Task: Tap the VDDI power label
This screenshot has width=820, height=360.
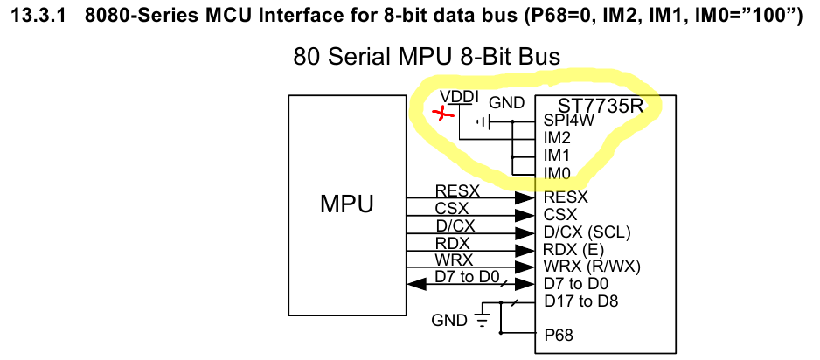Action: tap(459, 97)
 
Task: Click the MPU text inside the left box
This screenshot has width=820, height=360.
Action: tap(347, 204)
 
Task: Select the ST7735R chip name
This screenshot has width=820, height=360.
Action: tap(600, 106)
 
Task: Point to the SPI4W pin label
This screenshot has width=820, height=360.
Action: tap(569, 121)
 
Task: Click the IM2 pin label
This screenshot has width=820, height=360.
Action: tap(557, 138)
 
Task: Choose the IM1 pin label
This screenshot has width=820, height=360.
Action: tap(557, 156)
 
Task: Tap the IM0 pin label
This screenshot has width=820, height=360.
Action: tap(557, 172)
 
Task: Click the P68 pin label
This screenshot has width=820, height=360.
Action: tap(559, 335)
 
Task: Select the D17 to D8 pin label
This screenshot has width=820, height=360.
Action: tap(581, 301)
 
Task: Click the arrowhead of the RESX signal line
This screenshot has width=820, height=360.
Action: tap(525, 198)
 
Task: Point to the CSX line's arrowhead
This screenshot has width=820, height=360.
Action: tap(525, 215)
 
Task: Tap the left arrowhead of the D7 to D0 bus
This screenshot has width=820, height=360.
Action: tap(416, 285)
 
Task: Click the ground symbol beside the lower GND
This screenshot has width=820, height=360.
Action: tap(482, 319)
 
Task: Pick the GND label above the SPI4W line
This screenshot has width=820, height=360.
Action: tap(506, 103)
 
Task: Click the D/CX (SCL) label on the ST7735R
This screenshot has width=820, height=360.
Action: tap(587, 232)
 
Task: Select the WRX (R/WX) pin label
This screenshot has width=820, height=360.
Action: tap(592, 267)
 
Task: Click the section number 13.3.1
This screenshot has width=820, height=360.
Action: tap(38, 17)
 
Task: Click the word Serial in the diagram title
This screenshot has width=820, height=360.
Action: tap(357, 57)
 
